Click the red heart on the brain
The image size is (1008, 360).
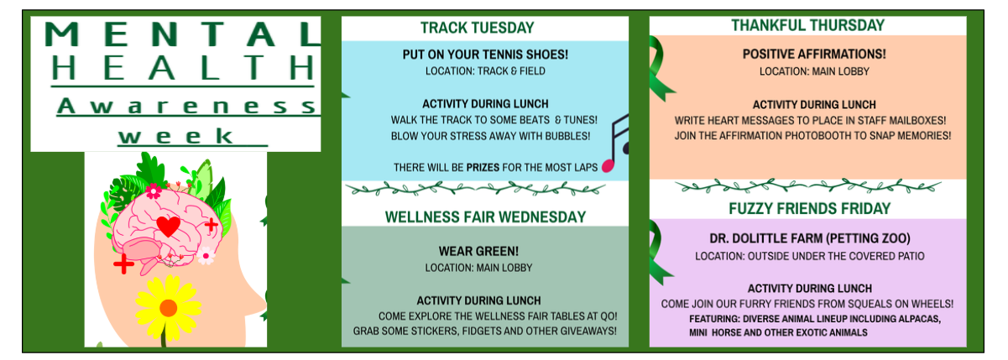tap(168, 227)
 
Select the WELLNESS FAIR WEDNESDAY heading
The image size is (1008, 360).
tap(485, 217)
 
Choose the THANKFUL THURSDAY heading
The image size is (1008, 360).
tap(807, 25)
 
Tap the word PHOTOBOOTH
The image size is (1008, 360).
tap(848, 135)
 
